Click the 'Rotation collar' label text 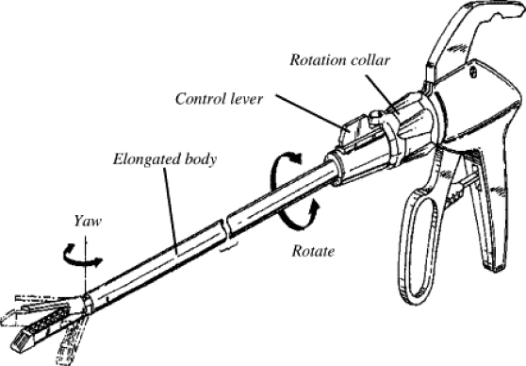(339, 60)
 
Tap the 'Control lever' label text (219, 99)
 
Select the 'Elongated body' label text (165, 159)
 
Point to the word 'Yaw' (88, 222)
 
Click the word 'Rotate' (313, 251)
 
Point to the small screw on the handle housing (473, 72)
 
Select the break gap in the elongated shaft (225, 229)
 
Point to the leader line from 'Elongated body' (171, 211)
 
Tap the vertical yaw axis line (86, 265)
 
